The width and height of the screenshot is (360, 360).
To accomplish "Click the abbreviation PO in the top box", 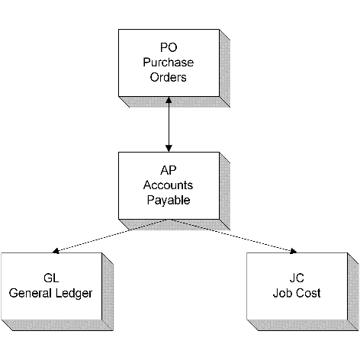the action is point(169,47).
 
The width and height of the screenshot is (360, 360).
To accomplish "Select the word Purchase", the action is point(169,63).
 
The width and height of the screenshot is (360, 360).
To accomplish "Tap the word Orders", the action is point(168,77).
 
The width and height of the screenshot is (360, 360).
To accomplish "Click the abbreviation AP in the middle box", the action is point(169,170).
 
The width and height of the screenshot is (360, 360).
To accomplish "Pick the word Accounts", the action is point(168,185).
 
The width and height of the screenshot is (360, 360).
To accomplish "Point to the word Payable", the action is point(169,201).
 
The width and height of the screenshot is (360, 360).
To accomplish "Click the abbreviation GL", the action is point(51,278).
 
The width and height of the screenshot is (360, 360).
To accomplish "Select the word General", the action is point(31,293).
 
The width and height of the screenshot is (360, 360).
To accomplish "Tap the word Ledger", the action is point(74,294).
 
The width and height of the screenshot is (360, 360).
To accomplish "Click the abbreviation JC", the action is point(297,278).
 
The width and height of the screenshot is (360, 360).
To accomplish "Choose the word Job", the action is point(281,293).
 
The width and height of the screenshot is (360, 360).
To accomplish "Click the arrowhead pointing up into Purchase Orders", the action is point(169,100).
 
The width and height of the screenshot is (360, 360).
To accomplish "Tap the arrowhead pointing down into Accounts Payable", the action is point(169,149).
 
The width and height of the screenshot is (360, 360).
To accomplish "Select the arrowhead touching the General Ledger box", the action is point(56,251).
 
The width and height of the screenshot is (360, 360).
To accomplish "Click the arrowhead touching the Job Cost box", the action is point(294,251).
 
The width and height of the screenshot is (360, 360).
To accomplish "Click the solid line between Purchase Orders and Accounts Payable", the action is point(169,124).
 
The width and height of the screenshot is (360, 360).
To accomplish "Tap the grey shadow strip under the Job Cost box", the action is point(303,325).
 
